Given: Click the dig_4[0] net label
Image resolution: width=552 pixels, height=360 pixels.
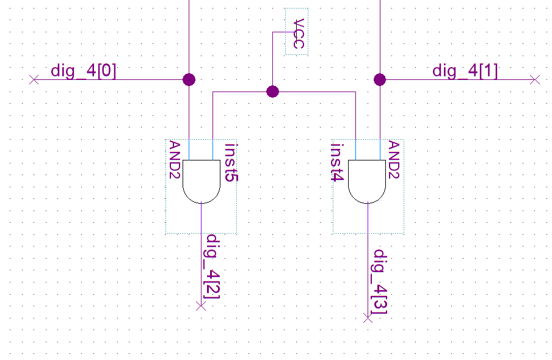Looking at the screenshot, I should click(84, 71).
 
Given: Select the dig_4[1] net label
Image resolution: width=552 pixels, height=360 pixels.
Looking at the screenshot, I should click(465, 71).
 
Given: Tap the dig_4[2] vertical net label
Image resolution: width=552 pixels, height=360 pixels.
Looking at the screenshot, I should click(213, 267).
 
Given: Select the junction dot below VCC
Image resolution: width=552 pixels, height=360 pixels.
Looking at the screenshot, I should click(273, 92).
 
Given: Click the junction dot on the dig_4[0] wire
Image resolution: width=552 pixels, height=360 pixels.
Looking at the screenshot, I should click(189, 79).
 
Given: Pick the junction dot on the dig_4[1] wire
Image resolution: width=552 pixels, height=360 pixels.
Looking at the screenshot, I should click(380, 79).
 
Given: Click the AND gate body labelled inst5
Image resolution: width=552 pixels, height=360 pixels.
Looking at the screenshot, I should click(202, 181).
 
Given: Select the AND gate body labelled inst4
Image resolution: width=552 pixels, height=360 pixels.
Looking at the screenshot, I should click(367, 181).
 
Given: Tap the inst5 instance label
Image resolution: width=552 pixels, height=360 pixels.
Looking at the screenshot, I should click(231, 163).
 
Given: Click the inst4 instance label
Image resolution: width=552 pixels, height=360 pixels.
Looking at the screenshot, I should click(336, 163).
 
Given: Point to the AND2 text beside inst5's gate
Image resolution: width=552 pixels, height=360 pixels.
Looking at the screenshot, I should click(174, 159).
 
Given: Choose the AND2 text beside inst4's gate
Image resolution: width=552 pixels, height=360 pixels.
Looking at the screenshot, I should click(394, 159).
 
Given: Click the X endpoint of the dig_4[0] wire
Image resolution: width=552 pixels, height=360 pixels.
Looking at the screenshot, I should click(34, 79).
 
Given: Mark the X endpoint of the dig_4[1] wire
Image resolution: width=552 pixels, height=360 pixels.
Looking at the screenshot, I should click(536, 79).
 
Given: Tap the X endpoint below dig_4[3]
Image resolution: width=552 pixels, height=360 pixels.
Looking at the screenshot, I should click(368, 317).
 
